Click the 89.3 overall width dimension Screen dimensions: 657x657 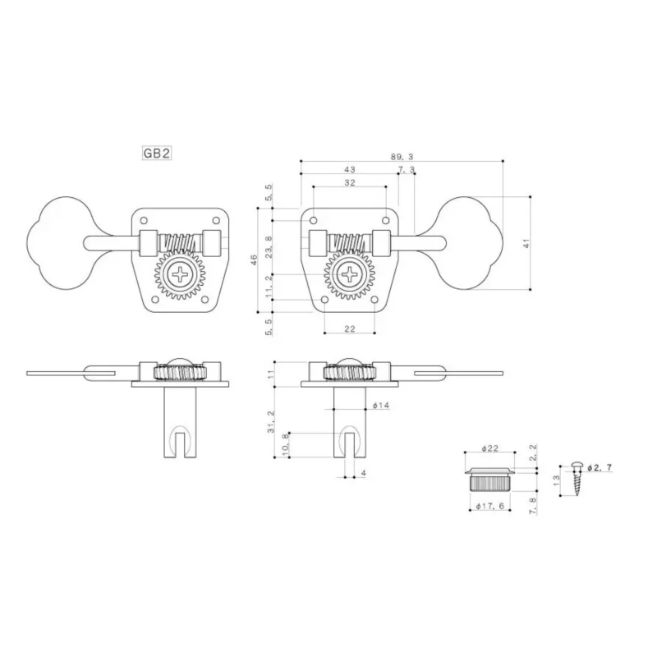coord(401,154)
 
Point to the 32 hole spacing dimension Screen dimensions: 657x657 coord(349,183)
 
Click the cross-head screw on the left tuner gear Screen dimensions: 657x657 coord(178,275)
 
